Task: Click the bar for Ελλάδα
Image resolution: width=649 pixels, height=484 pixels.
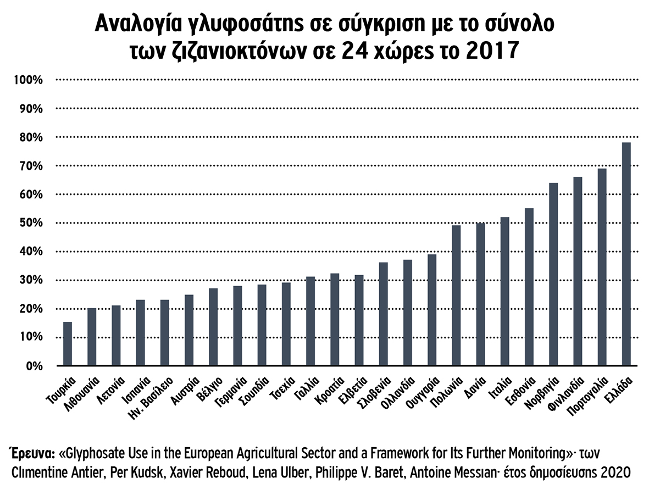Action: click(626, 254)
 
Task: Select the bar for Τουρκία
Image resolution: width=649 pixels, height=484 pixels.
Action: click(68, 343)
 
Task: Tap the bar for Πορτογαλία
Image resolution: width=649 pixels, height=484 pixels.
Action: click(602, 267)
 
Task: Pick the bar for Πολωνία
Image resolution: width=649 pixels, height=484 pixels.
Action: click(456, 296)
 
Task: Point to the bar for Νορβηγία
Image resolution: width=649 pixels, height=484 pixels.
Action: click(553, 274)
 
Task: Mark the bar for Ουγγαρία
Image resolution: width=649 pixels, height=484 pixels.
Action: click(432, 310)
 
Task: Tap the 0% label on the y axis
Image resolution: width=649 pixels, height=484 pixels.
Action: click(34, 366)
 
